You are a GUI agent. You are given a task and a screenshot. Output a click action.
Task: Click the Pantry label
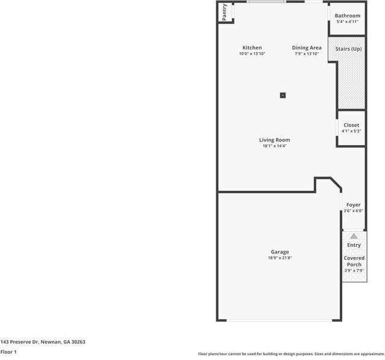[225, 13]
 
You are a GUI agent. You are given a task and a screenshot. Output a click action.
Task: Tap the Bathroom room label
[348, 16]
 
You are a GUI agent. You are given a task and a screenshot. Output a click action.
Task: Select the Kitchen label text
[252, 48]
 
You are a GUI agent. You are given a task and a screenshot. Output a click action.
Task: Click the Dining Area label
[307, 48]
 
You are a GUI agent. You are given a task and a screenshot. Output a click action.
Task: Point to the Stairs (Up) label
[348, 48]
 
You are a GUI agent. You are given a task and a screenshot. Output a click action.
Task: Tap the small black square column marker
[283, 95]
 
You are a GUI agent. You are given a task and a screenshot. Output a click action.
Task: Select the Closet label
[351, 125]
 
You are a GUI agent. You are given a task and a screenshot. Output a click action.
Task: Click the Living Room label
[275, 140]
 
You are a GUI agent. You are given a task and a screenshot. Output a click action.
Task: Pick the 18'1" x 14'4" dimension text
[275, 146]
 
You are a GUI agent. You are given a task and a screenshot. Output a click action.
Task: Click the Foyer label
[353, 205]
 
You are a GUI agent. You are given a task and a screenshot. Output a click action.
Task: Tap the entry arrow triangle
[354, 236]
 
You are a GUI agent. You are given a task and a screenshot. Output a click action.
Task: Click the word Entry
[354, 245]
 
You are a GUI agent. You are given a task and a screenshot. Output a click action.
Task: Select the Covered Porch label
[354, 261]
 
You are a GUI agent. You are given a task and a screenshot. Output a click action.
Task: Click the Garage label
[280, 252]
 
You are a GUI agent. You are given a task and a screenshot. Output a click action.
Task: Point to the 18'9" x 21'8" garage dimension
[280, 258]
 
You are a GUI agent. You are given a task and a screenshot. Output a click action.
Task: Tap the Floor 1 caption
[8, 352]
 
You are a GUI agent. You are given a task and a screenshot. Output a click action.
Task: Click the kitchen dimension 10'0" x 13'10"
[252, 54]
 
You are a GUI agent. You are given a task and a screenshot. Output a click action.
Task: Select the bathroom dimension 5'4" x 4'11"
[348, 22]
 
